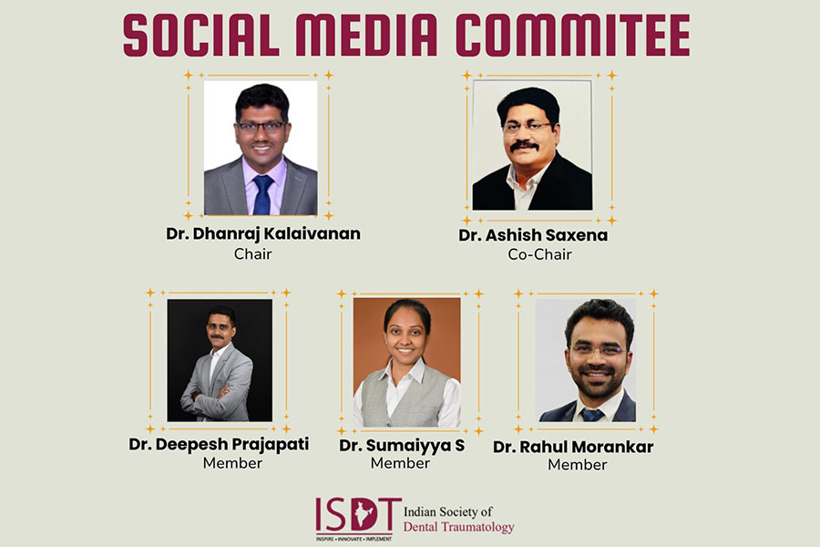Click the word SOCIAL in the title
point(201,35)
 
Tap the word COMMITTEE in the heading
point(573,35)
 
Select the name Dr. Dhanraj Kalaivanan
point(263,233)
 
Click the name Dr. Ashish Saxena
point(533,235)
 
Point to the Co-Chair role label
point(539,254)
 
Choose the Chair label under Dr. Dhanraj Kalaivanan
point(252,253)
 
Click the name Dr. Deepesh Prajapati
point(219,444)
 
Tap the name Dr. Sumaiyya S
point(402,446)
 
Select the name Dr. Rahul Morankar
point(573,447)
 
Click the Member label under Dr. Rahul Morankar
point(578,464)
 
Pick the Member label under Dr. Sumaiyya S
point(400,463)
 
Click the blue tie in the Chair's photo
point(262,194)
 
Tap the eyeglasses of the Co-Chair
point(528,126)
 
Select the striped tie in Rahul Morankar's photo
point(592,415)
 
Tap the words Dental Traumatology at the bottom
point(458,527)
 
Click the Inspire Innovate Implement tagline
point(354,539)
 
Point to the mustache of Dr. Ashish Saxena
point(524,146)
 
